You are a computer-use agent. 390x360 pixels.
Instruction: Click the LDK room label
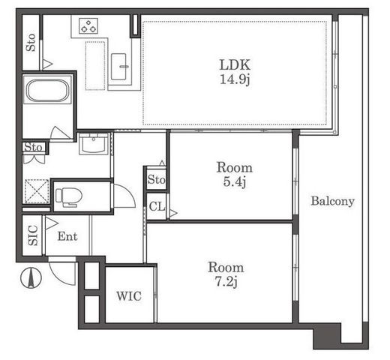click(235, 64)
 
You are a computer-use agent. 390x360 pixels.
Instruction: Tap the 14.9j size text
click(235, 79)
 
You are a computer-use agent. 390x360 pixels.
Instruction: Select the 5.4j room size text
click(235, 181)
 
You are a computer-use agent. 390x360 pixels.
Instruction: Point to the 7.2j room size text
click(226, 282)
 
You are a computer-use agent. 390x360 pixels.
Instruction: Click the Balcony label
click(332, 201)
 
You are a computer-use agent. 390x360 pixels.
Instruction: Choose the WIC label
click(129, 296)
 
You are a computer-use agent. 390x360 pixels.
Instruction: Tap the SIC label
click(33, 235)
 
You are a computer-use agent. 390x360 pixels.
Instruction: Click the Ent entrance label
click(67, 236)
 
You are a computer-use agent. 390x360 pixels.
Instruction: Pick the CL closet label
click(157, 206)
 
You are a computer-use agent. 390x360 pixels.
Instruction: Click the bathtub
click(47, 90)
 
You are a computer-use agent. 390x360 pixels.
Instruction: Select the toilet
click(69, 197)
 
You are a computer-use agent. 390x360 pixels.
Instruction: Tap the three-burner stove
click(88, 26)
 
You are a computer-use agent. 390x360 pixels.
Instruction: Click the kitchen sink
click(118, 67)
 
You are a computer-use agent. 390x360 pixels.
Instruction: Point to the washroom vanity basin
click(94, 144)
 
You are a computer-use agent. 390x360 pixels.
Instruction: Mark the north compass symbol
click(31, 277)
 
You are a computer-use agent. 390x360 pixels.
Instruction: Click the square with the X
click(37, 191)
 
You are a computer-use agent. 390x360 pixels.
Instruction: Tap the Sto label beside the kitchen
click(31, 43)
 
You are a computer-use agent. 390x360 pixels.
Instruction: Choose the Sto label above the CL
click(157, 179)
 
